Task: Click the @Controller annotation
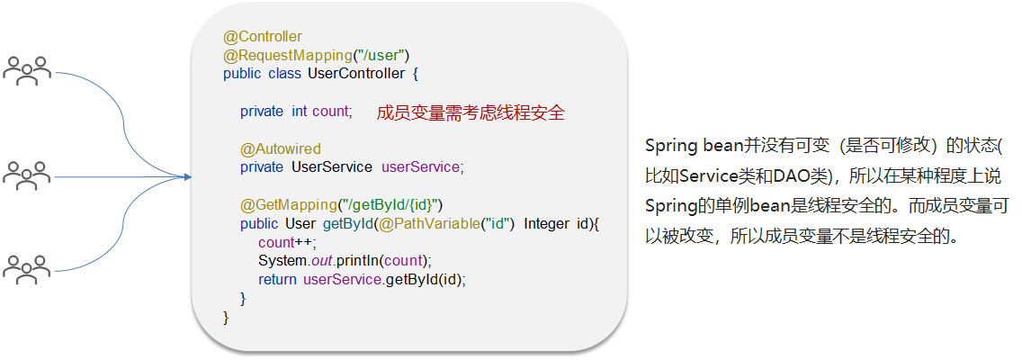pos(263,37)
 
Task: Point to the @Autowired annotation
pos(281,148)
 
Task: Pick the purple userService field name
pos(421,167)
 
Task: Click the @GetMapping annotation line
pos(341,205)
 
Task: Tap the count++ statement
pos(287,242)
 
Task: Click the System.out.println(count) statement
pos(345,261)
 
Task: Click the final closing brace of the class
pos(226,317)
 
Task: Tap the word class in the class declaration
pos(285,74)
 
